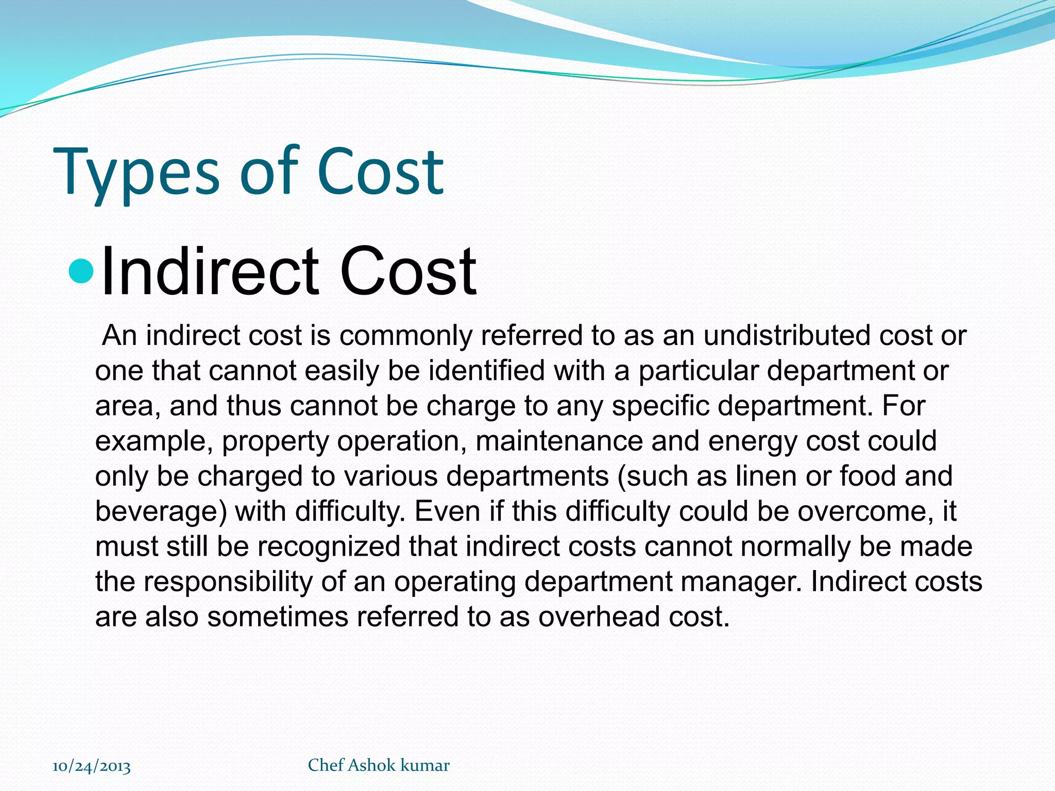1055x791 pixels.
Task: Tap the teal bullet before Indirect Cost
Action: click(x=81, y=272)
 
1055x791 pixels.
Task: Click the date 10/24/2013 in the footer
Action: click(x=92, y=766)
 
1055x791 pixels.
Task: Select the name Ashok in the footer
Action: click(x=371, y=765)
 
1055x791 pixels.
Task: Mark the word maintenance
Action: click(x=559, y=441)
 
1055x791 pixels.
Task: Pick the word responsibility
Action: click(x=228, y=582)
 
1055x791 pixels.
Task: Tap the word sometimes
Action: click(x=278, y=616)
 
